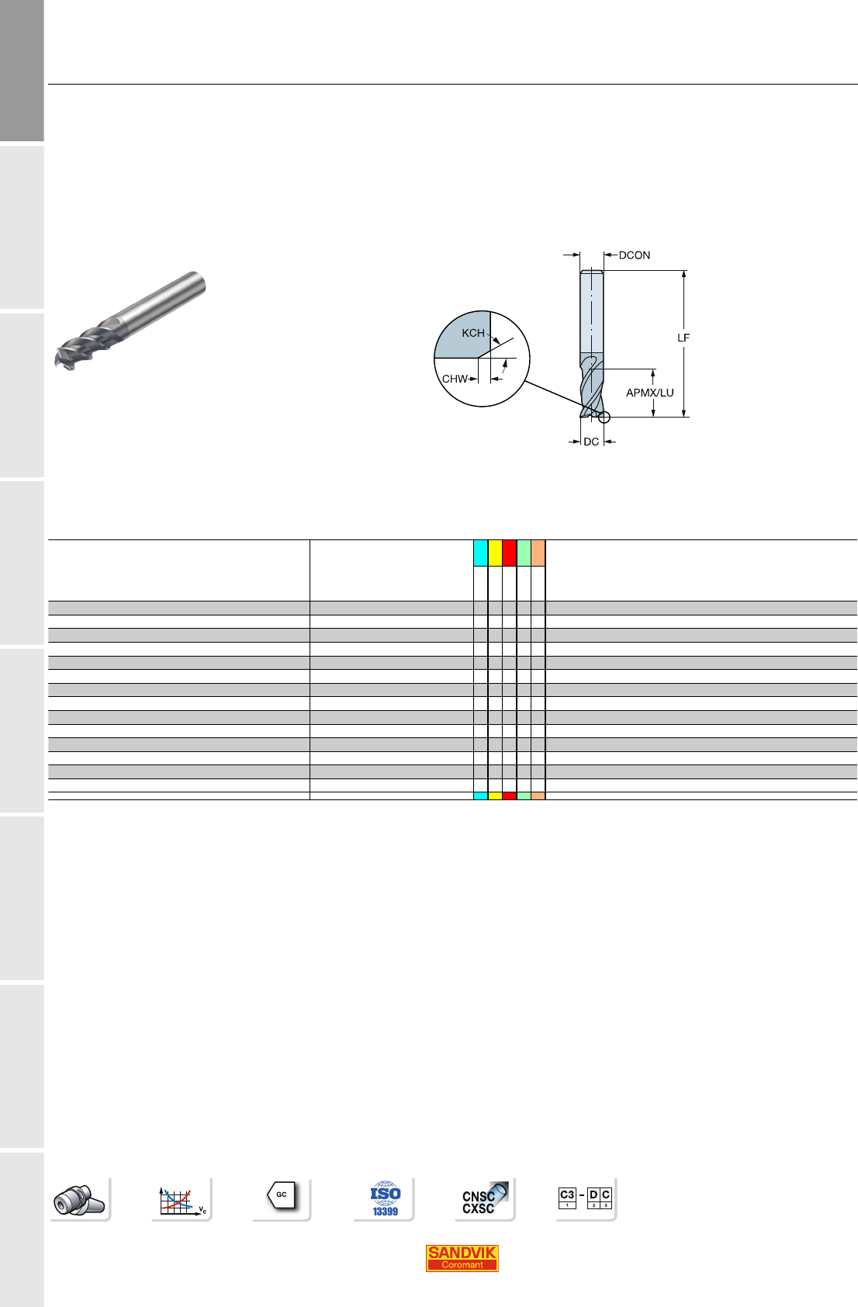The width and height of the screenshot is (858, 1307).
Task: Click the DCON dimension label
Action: pyautogui.click(x=634, y=255)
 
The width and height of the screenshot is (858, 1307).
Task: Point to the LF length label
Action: pyautogui.click(x=683, y=338)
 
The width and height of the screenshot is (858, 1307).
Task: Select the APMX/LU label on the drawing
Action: pyautogui.click(x=649, y=393)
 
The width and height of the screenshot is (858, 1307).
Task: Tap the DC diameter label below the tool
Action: pyautogui.click(x=591, y=442)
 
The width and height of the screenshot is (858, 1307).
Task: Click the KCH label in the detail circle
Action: pyautogui.click(x=473, y=333)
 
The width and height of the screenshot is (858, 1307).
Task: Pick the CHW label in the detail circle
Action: pyautogui.click(x=455, y=379)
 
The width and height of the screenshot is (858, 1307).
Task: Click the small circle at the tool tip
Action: pyautogui.click(x=604, y=418)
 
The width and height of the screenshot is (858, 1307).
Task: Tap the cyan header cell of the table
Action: pyautogui.click(x=481, y=553)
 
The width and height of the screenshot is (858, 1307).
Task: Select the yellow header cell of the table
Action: pyautogui.click(x=495, y=553)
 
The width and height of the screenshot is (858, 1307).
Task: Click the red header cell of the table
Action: pyautogui.click(x=509, y=553)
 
